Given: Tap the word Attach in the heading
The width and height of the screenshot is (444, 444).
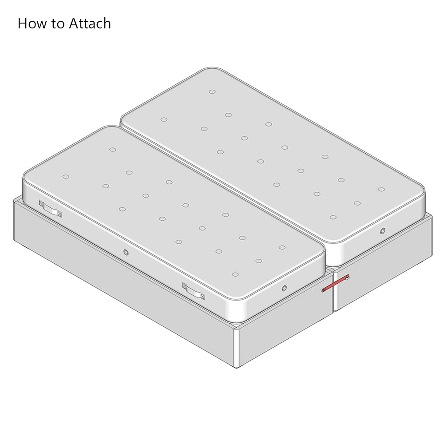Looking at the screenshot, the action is click(x=90, y=23).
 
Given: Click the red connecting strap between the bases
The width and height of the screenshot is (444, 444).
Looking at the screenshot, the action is click(x=335, y=283).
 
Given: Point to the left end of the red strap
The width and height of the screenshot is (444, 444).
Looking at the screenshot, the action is click(x=323, y=290).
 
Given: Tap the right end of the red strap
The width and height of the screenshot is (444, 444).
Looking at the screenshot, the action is click(x=348, y=276).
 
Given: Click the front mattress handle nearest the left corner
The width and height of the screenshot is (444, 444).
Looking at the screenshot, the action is click(x=51, y=209).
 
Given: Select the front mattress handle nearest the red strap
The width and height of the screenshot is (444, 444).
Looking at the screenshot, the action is click(x=194, y=291).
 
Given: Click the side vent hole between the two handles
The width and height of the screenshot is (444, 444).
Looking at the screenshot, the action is click(x=126, y=252).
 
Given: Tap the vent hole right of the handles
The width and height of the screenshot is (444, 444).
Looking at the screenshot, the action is click(x=284, y=288).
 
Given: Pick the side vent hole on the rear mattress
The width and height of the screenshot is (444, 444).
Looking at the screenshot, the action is click(x=383, y=231).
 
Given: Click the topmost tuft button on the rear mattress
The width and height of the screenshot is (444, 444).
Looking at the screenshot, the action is click(x=212, y=91).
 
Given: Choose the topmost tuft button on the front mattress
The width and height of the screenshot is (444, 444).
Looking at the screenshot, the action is click(x=113, y=150).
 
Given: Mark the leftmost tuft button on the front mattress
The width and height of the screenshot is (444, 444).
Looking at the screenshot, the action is click(x=66, y=177).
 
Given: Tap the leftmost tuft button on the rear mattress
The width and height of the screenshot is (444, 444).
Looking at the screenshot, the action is click(x=164, y=119).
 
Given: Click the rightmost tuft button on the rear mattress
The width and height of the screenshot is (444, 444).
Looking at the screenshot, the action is click(x=381, y=190).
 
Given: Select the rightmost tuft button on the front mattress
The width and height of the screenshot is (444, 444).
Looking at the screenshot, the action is click(x=282, y=247).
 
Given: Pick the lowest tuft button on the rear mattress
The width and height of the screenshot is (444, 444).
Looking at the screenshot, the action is click(x=333, y=218).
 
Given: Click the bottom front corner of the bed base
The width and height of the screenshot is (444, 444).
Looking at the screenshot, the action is click(x=237, y=368).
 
